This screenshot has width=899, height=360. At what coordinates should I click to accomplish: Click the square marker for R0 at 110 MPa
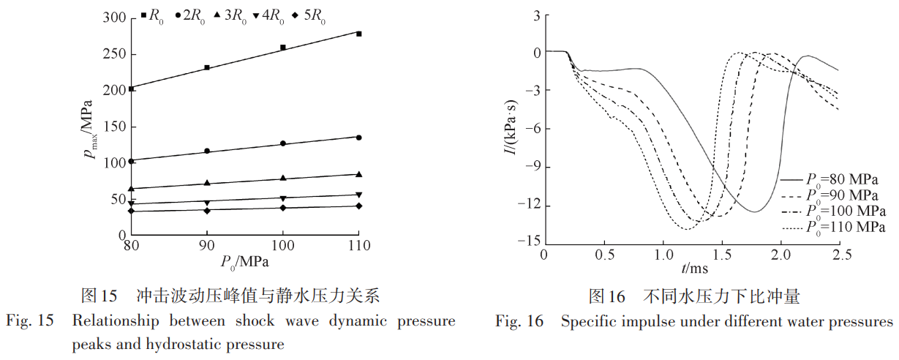358,34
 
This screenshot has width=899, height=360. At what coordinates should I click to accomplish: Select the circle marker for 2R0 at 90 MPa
207,151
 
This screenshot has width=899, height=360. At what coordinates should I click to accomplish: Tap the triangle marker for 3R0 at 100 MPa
282,178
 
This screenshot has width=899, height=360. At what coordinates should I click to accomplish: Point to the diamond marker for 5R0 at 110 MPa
358,206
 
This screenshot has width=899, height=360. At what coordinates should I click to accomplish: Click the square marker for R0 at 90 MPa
207,67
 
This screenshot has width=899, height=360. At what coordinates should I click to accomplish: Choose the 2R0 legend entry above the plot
189,14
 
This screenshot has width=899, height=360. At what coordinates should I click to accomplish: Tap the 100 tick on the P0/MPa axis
282,244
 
